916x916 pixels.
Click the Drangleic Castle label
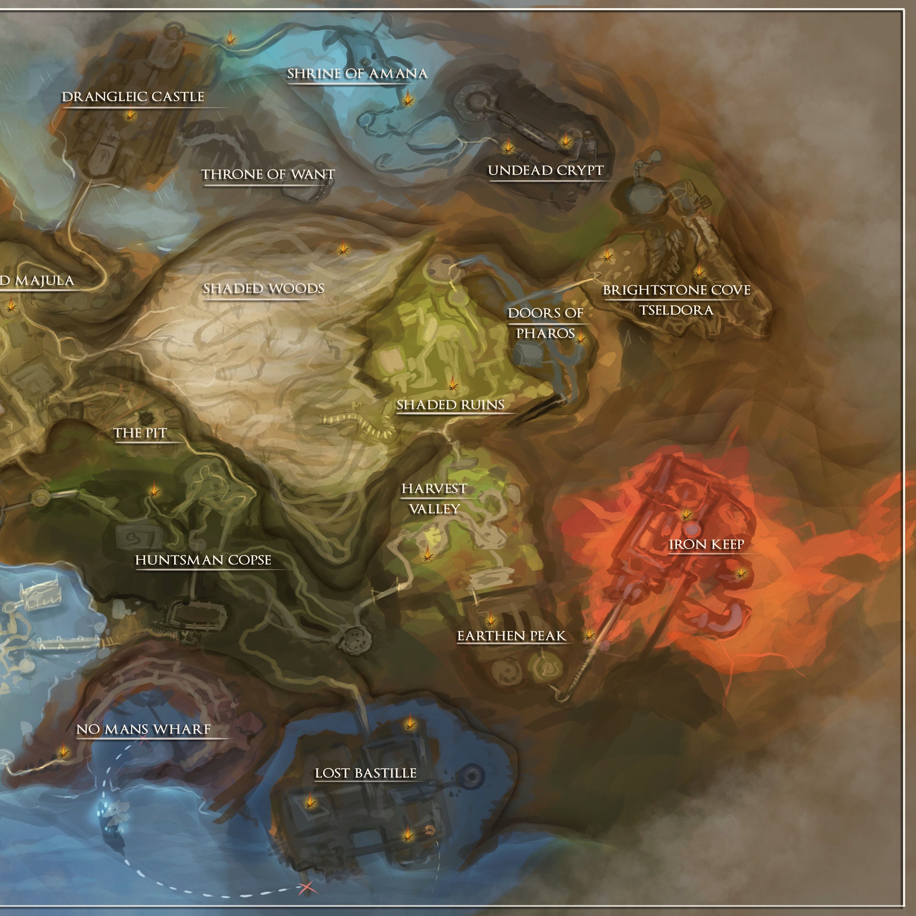133,97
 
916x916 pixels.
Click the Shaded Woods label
264,289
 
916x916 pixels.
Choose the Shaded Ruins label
450,405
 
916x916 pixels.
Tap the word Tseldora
677,311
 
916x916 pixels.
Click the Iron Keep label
707,544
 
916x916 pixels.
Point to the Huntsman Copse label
203,560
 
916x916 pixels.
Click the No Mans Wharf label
144,729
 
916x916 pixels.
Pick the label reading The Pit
140,433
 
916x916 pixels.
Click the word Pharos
545,333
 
